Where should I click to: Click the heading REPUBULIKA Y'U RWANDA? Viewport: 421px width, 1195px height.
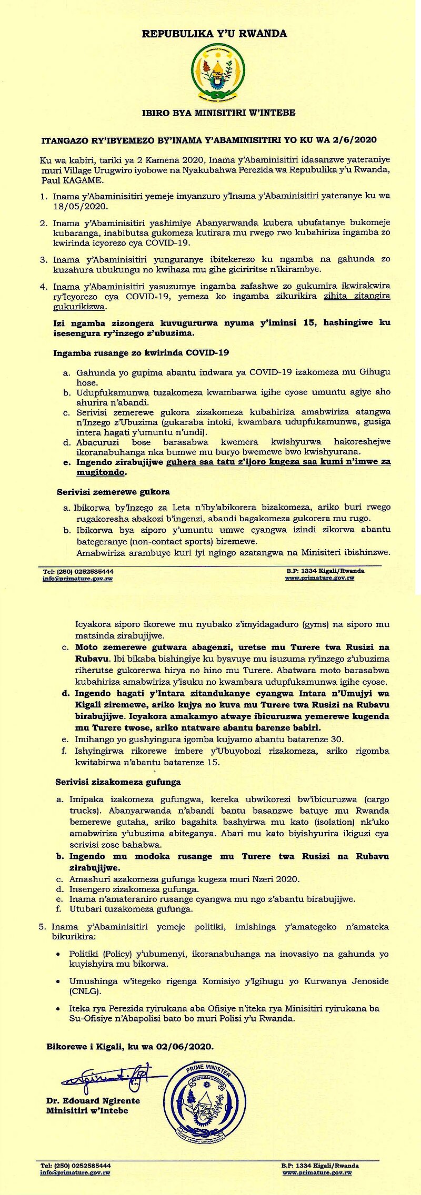[215, 34]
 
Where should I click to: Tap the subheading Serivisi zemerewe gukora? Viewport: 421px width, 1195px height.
[113, 492]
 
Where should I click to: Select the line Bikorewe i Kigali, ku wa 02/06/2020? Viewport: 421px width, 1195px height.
[130, 1046]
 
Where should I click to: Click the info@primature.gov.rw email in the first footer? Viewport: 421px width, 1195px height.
[78, 578]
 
